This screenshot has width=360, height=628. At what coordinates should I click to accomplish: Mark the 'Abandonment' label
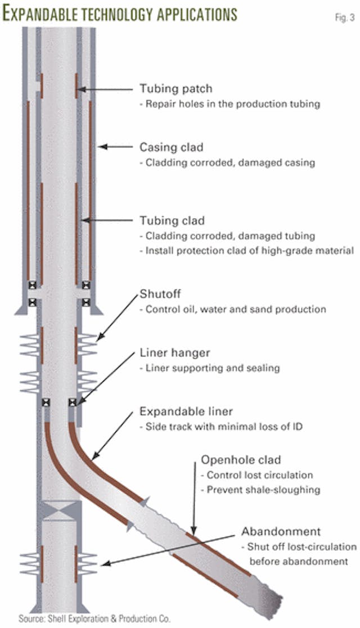click(x=273, y=531)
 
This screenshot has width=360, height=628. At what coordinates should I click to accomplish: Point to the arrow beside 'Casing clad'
click(x=112, y=147)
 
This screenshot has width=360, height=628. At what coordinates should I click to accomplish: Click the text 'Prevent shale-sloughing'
click(x=264, y=489)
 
